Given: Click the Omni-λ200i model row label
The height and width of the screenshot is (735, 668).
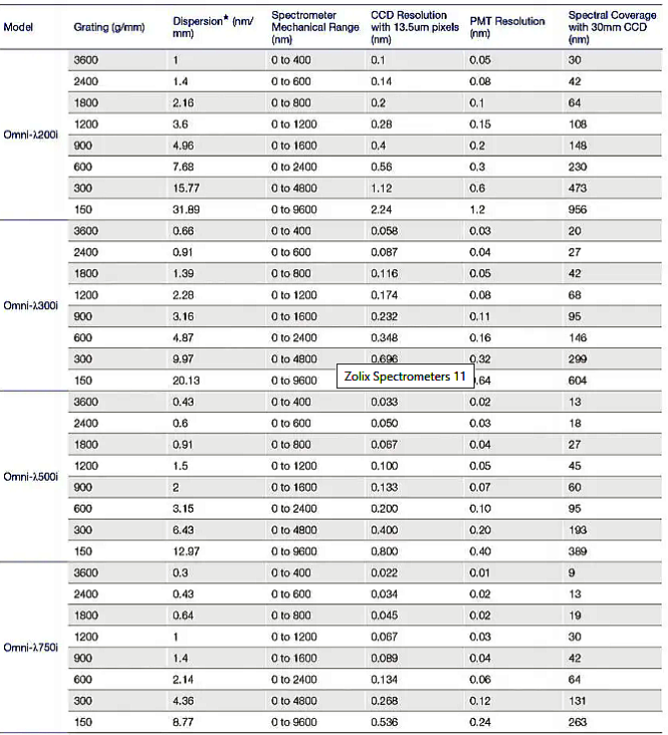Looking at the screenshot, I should (x=32, y=134).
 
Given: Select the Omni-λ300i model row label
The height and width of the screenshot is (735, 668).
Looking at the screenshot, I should (x=32, y=304).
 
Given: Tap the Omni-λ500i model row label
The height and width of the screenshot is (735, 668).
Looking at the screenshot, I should (x=32, y=476).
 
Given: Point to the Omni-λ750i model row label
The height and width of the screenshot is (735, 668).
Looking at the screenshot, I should (x=32, y=647).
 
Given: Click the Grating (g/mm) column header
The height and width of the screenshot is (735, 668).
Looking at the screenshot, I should (x=109, y=27).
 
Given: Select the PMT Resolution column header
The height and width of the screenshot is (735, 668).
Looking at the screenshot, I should (x=507, y=21).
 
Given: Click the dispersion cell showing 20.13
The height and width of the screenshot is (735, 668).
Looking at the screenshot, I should (x=186, y=380).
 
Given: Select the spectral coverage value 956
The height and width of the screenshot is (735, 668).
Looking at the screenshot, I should (x=578, y=208).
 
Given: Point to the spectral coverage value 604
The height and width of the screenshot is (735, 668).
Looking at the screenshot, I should (x=578, y=380).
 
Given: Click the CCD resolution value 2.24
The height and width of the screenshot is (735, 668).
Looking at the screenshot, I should (x=382, y=208).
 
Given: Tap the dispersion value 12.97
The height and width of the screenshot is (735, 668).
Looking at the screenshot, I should (x=186, y=551).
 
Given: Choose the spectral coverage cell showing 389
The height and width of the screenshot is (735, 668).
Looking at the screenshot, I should (x=578, y=551).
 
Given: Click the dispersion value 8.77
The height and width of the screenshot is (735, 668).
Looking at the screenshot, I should (x=184, y=722).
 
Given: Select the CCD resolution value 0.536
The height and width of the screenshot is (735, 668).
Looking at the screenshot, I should (x=385, y=722).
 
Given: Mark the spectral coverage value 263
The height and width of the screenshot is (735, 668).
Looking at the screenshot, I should (x=578, y=722).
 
